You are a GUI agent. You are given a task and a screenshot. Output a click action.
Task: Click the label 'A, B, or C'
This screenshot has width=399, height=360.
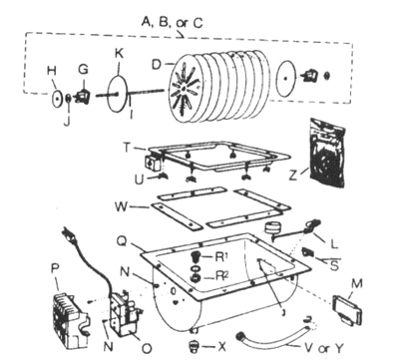point(172,22)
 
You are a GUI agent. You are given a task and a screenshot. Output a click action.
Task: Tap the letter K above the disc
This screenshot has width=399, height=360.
point(120,54)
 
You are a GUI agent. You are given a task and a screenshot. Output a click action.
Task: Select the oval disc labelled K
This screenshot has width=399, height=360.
point(118,94)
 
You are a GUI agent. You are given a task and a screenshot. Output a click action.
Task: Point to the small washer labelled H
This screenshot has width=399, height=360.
point(57,99)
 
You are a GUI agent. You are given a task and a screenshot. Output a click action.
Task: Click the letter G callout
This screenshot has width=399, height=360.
point(83,70)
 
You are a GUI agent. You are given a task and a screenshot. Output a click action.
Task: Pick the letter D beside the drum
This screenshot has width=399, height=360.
point(157,65)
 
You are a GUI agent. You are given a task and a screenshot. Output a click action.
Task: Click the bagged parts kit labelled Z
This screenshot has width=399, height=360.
point(327,154)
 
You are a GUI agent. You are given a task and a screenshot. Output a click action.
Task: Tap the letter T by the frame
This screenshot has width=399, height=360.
point(127,148)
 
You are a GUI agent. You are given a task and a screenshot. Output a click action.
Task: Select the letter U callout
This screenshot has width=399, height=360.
point(140,180)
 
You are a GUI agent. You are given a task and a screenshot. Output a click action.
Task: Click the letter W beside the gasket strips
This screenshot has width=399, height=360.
point(121,206)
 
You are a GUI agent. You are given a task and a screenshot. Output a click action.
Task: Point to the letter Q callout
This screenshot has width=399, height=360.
point(122,241)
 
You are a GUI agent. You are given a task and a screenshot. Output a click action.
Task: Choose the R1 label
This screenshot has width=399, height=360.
point(221,256)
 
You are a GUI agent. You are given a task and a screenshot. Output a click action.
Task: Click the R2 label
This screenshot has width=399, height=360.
point(221,276)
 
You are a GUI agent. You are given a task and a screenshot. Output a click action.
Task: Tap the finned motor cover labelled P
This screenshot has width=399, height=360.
point(71,319)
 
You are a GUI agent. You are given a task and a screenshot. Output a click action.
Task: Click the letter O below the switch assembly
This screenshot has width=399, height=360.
point(147,348)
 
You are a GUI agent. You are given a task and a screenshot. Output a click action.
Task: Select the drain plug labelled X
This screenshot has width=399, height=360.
point(194,346)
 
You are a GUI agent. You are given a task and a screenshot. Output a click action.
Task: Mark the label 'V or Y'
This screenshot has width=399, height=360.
point(323,348)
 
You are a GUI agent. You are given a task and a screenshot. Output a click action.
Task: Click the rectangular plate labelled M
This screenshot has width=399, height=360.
point(347,310)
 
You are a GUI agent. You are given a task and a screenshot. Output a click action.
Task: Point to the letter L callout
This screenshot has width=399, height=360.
point(334,244)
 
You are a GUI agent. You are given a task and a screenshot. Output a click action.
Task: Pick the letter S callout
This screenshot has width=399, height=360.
point(334,265)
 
